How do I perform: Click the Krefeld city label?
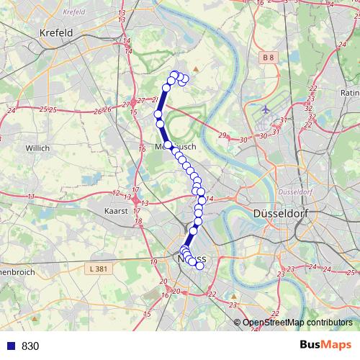(x=58, y=33)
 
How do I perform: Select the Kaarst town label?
(x=115, y=211)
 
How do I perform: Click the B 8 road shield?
(x=269, y=56)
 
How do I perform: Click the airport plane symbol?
(x=266, y=109)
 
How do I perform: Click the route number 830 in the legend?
(x=30, y=346)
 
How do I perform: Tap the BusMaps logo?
(x=325, y=346)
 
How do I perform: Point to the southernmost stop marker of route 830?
(x=199, y=266)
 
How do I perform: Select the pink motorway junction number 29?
(x=222, y=135)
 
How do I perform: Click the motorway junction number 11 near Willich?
(x=31, y=197)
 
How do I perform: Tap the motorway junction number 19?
(x=153, y=261)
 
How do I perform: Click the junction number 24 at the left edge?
(x=11, y=111)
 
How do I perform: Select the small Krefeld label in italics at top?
(x=73, y=12)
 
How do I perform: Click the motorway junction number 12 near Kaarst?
(x=116, y=193)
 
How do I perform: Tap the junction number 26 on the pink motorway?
(x=107, y=109)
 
